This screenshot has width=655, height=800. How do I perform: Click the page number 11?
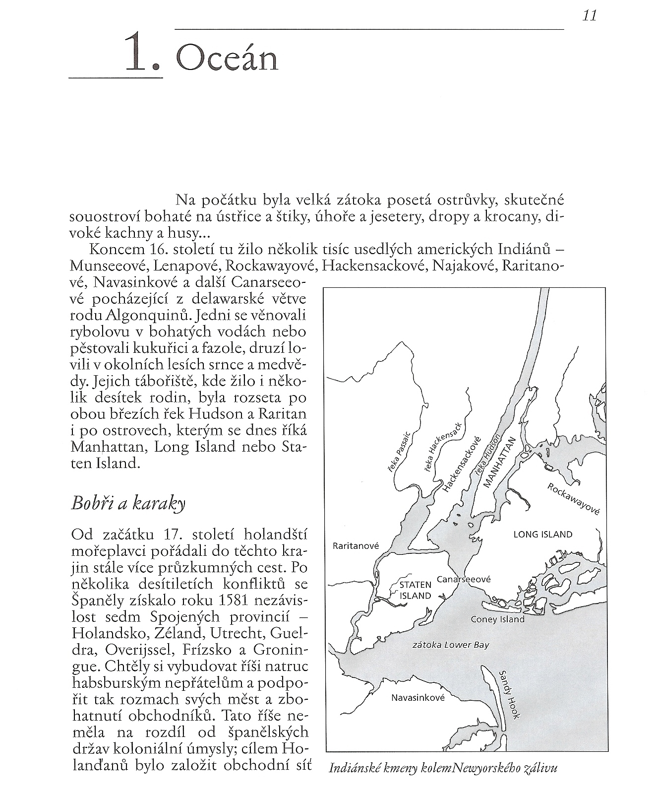coord(589,16)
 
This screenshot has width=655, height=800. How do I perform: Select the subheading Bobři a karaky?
coord(128,503)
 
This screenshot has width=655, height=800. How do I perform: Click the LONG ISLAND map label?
coord(542,534)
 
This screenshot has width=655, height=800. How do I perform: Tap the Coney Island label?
coord(497,619)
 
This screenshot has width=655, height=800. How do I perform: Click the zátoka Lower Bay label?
coord(451,645)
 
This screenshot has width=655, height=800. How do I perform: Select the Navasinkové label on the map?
coord(418,698)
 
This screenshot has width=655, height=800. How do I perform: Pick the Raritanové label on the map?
coord(356,546)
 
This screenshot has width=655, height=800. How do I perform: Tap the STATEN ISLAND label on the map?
coord(416,590)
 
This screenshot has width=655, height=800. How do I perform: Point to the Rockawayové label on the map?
coord(574,499)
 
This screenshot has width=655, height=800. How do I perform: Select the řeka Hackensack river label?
coord(443,448)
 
